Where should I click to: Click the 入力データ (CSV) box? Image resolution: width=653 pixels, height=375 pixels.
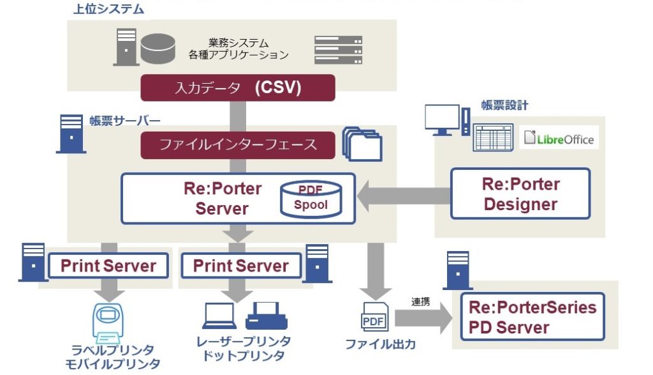pos(238,88)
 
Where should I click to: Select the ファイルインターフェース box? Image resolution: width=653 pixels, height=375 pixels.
pos(238,144)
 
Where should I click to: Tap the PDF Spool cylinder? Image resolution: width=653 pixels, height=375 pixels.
pos(311,198)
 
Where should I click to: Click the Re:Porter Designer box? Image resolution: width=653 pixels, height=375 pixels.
pos(520,194)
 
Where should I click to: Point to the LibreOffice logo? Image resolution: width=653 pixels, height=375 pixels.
pos(559,139)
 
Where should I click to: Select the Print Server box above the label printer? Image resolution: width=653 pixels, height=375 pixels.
pos(108,266)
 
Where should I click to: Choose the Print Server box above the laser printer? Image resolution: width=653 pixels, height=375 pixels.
pos(240,266)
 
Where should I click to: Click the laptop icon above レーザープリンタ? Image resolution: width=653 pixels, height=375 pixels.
pos(219,317)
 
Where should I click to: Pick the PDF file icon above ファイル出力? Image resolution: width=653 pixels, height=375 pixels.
pos(374,318)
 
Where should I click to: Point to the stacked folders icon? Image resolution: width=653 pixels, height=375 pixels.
pos(362,144)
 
